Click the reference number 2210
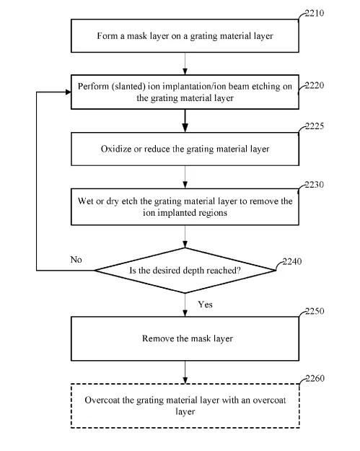point(315,13)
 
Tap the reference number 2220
point(315,85)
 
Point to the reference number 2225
point(315,126)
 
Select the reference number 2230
point(315,185)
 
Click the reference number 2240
point(292,261)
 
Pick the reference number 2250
point(315,311)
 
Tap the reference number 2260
point(315,378)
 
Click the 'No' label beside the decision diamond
point(76,260)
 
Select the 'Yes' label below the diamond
point(205,305)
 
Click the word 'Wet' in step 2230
point(85,201)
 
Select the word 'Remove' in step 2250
point(158,338)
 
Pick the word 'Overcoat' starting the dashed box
point(102,400)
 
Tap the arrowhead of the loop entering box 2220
point(69,92)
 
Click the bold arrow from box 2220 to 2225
point(185,121)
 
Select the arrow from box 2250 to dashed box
point(185,372)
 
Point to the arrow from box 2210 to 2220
point(185,64)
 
